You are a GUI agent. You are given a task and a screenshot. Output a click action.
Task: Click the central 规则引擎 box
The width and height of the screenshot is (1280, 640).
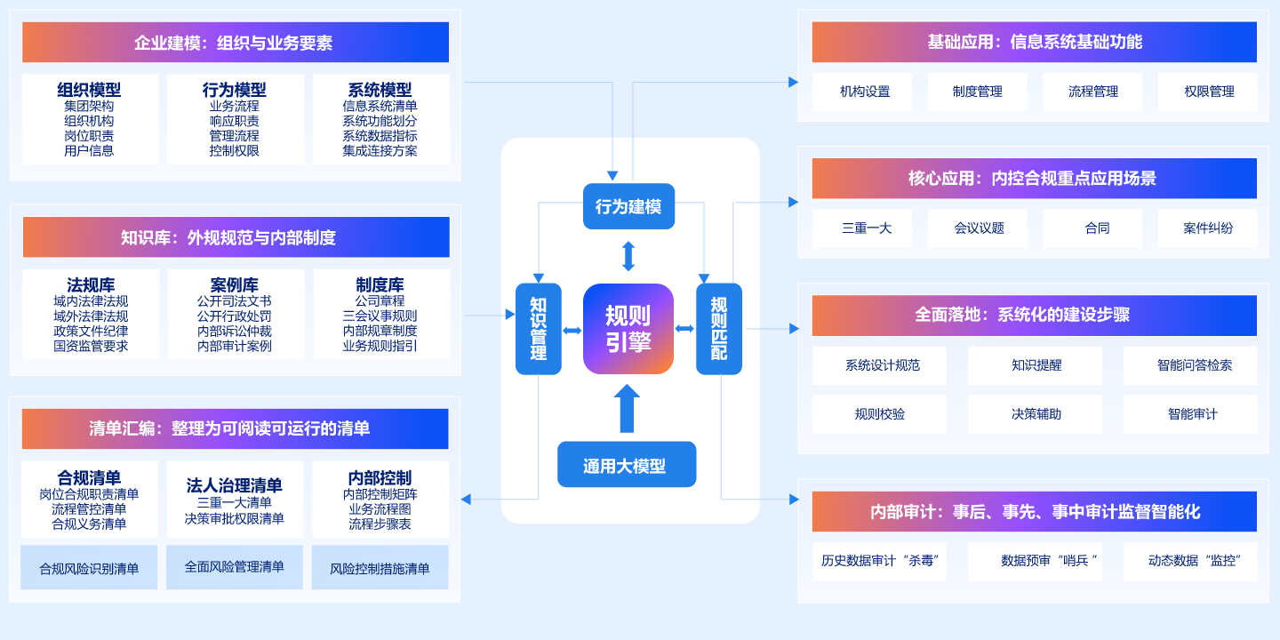[628, 329]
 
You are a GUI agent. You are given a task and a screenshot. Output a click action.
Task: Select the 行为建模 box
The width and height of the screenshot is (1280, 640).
[628, 206]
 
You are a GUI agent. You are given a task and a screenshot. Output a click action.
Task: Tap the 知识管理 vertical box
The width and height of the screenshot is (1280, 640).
[539, 329]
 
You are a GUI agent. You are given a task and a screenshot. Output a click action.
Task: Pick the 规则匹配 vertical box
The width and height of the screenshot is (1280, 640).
[719, 329]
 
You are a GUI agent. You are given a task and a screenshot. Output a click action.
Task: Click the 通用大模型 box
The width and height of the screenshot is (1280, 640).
[627, 465]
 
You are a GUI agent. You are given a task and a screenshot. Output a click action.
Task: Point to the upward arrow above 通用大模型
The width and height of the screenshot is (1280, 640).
[627, 409]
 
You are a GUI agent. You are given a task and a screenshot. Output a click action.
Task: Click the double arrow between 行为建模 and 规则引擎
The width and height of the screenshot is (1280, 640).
[628, 256]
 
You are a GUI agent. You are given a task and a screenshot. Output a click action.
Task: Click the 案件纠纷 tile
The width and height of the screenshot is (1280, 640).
[1207, 228]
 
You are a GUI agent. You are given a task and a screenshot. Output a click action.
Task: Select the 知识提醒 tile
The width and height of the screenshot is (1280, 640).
[1035, 365]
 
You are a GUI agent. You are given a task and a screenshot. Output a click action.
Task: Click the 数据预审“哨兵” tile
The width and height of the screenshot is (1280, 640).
[1035, 561]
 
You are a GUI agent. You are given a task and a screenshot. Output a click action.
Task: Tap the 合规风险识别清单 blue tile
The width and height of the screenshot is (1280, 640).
[89, 568]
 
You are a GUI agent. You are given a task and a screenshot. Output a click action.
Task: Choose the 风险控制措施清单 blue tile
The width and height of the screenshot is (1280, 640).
[380, 568]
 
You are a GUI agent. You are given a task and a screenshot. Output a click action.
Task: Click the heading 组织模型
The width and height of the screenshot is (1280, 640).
[89, 90]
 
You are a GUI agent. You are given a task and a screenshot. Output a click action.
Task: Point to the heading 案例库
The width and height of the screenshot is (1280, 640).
[235, 285]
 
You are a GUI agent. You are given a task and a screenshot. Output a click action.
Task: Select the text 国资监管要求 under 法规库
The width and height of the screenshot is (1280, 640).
[91, 346]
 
